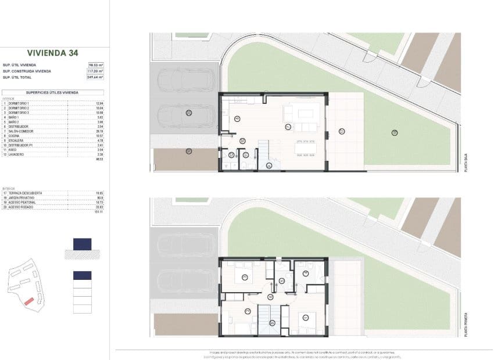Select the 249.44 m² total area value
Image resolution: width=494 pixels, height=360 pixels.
point(95,77)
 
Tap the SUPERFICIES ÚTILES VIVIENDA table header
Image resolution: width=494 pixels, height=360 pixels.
point(52,92)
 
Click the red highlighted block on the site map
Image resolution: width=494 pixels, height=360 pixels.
point(27,301)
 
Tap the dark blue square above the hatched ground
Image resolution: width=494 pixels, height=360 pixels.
point(82,244)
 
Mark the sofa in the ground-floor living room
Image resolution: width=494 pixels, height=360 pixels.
point(306,127)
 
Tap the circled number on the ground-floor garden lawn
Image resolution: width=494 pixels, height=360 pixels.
point(394,133)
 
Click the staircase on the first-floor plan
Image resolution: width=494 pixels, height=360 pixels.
point(268,320)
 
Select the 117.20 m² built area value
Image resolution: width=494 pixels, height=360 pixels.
point(95,71)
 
